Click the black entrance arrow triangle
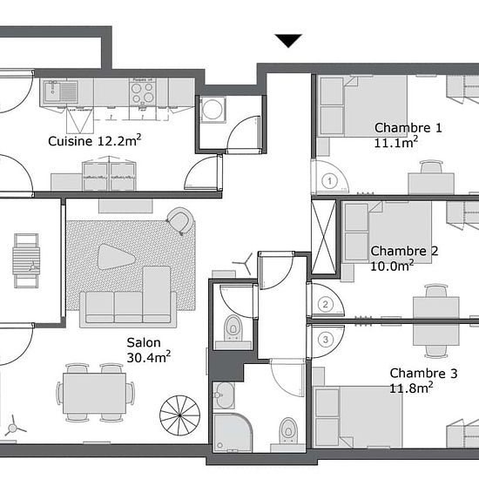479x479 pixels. point(288,40)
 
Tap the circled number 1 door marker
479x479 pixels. point(329,181)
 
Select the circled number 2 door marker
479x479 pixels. point(326,304)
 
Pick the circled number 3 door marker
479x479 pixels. point(326,340)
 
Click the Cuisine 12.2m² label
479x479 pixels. point(95,140)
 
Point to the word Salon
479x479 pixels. point(144,342)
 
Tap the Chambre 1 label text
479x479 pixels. point(408,128)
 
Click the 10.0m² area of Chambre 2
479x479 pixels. point(392,266)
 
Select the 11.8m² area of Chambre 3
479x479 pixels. point(411,388)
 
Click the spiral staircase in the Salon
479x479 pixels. point(180,415)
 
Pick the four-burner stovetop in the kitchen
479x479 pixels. point(142,92)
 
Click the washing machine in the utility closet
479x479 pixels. point(213,110)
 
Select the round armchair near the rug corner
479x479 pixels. point(181,220)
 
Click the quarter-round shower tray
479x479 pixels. point(233,433)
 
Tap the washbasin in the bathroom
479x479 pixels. point(224,395)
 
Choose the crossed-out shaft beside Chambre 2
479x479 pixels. point(323,237)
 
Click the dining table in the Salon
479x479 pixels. point(94,393)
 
